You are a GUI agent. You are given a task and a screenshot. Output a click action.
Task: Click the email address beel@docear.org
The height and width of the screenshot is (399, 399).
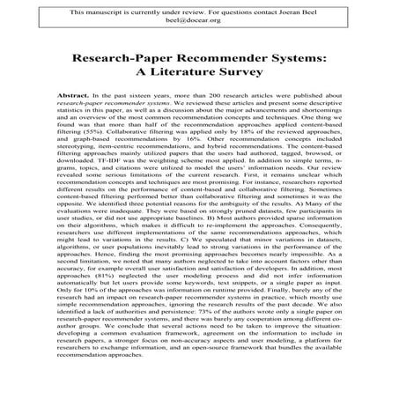(200, 24)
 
